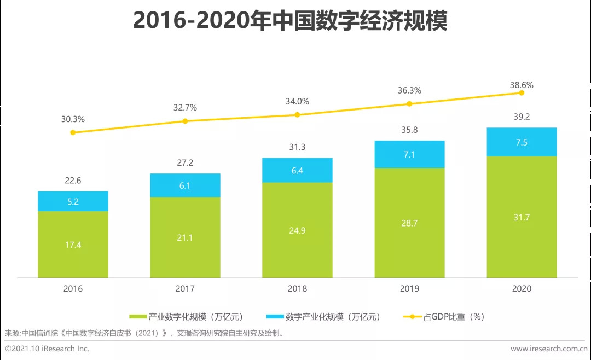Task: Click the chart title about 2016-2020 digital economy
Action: coord(290,21)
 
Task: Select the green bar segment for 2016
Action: coord(73,244)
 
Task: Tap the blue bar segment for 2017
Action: coord(185,185)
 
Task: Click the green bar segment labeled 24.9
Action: coord(297,230)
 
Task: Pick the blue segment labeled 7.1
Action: coord(409,154)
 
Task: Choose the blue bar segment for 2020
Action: coord(522,142)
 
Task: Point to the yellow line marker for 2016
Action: coord(73,132)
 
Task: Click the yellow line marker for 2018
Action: coord(297,115)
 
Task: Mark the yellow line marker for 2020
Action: coord(522,93)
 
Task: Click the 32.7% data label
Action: coord(185,108)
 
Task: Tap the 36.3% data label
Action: coord(409,90)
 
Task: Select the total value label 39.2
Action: coord(522,117)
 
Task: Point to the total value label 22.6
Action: coord(73,181)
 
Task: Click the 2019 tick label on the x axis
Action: coord(409,288)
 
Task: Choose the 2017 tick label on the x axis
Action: coord(185,288)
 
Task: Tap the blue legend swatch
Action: coord(274,317)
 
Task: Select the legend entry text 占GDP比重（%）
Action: coord(454,317)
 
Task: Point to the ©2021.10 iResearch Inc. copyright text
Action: coord(47,349)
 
